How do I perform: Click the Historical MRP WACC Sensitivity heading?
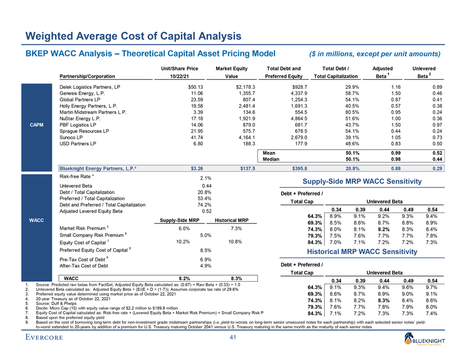click(354, 252)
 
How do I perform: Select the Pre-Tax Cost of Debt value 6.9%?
click(206, 260)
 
